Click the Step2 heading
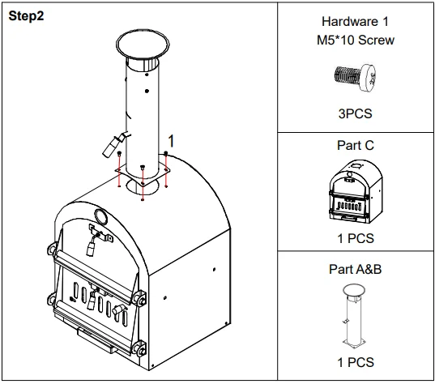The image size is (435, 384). click(x=26, y=17)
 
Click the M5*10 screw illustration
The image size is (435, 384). click(x=355, y=76)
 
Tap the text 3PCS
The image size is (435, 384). click(x=355, y=113)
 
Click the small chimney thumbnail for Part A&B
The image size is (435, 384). click(x=354, y=317)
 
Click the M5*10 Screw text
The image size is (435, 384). click(x=355, y=41)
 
